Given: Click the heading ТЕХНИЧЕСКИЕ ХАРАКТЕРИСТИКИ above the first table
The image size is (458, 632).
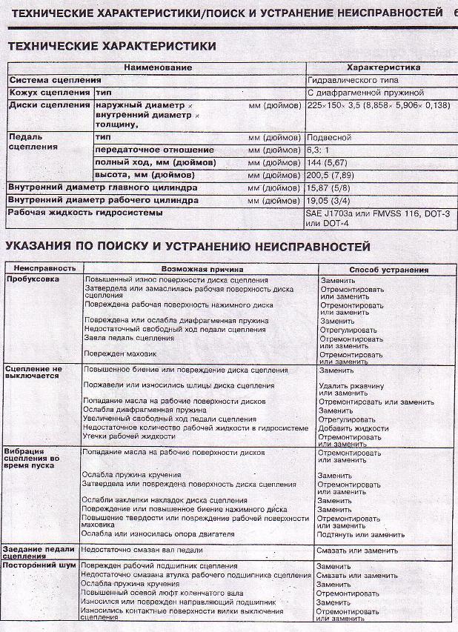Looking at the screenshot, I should [x=112, y=46].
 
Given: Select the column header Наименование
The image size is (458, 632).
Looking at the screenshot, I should [x=158, y=67].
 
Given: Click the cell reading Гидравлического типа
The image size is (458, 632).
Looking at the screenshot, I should [x=352, y=79].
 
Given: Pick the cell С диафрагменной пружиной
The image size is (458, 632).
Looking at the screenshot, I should [x=365, y=93].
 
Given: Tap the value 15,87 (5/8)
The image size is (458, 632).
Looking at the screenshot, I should [x=331, y=188].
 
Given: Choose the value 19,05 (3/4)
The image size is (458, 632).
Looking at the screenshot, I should [x=331, y=200].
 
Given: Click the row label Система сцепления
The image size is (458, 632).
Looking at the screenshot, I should [x=55, y=79].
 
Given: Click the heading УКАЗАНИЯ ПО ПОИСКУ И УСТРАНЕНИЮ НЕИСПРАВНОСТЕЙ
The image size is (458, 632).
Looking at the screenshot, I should [x=187, y=246].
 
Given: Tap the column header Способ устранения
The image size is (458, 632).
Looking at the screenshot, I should [x=388, y=270].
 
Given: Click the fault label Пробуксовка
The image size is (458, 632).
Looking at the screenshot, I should [x=33, y=279].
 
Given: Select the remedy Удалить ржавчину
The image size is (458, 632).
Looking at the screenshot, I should [x=351, y=386].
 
